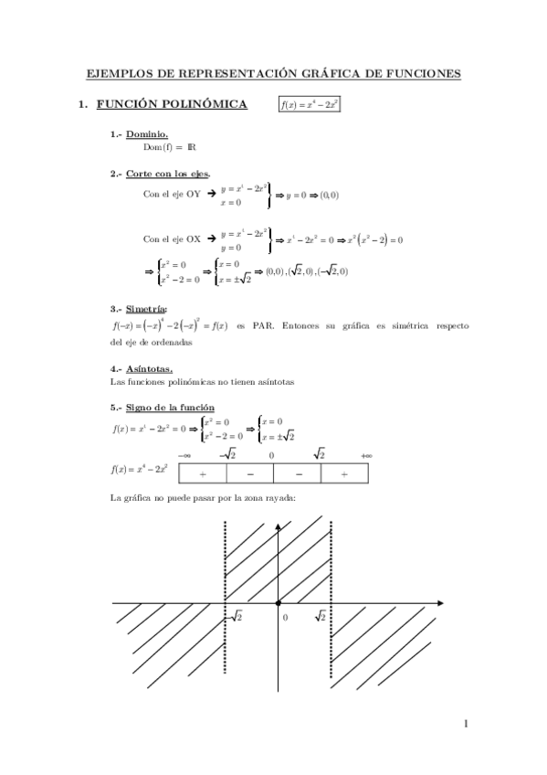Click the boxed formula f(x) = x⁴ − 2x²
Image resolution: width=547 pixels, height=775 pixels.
pos(310,105)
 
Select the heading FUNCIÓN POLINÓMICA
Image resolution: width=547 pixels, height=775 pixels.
pos(171,105)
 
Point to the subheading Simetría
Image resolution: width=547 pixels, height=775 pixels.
pos(147,310)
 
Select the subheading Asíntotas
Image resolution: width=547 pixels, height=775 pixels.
pos(149,369)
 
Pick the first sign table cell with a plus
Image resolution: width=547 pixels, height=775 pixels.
pos(202,473)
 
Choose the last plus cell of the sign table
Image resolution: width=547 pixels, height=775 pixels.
pos(344,473)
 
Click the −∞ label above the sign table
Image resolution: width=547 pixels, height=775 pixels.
pos(184,455)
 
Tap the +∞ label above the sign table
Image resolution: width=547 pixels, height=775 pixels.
pos(367,455)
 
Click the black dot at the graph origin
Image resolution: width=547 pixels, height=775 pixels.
pos(278,603)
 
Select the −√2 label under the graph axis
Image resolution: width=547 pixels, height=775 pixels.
pos(233,618)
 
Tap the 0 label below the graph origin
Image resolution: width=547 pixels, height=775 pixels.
pos(285,619)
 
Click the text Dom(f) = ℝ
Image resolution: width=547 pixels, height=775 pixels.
pos(170,147)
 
